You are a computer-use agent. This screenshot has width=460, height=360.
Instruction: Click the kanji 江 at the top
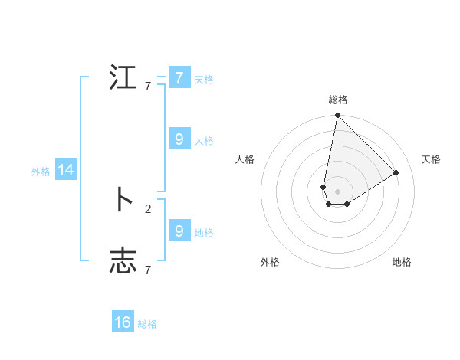tap(123, 78)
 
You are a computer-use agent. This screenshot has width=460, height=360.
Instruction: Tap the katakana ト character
tap(123, 200)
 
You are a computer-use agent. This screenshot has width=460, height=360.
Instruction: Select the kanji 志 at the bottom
tap(123, 261)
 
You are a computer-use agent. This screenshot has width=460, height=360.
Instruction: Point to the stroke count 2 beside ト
tap(148, 208)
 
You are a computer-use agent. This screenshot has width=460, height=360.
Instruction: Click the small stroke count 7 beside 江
tap(148, 87)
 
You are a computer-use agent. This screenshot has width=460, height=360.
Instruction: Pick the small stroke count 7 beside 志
tap(148, 270)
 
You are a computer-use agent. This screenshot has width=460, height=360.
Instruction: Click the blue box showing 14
tap(66, 171)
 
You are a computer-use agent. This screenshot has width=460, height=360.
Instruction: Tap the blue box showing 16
tap(123, 322)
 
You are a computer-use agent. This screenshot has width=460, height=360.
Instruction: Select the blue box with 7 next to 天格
tap(179, 78)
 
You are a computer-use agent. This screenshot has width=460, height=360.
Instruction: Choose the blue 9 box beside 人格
tap(179, 139)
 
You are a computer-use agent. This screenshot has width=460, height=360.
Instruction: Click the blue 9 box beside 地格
tap(179, 231)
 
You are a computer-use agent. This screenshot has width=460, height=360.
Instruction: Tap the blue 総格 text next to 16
tap(147, 324)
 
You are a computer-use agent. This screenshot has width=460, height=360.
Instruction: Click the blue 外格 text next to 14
tap(41, 172)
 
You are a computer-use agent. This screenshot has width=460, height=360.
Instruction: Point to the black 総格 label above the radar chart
tap(337, 100)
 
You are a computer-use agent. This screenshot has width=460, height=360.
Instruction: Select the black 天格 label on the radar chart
tap(431, 159)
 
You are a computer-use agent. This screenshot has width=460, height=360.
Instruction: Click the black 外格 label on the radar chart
tap(270, 262)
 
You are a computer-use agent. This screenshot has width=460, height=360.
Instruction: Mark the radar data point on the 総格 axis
tap(337, 116)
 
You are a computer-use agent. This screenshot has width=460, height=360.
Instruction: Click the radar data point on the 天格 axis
tap(396, 172)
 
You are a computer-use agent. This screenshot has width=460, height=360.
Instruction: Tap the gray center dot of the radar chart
tap(337, 191)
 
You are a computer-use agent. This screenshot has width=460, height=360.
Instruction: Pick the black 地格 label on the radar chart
tap(402, 262)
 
